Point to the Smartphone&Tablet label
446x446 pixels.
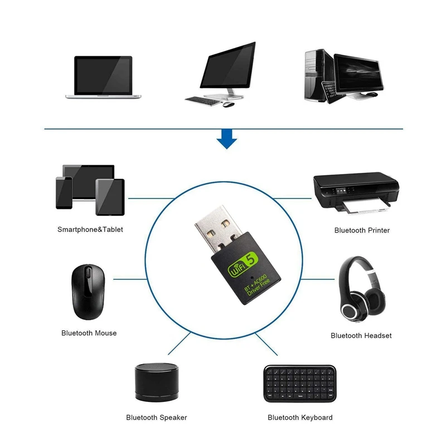90,229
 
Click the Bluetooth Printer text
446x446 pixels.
362,230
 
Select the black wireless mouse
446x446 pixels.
86,290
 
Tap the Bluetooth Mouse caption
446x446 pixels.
89,333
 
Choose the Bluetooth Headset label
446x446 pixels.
361,336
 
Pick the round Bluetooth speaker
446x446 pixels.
156,382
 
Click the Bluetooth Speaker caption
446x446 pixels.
157,417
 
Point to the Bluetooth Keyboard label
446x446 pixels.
300,417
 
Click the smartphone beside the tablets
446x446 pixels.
64,193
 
